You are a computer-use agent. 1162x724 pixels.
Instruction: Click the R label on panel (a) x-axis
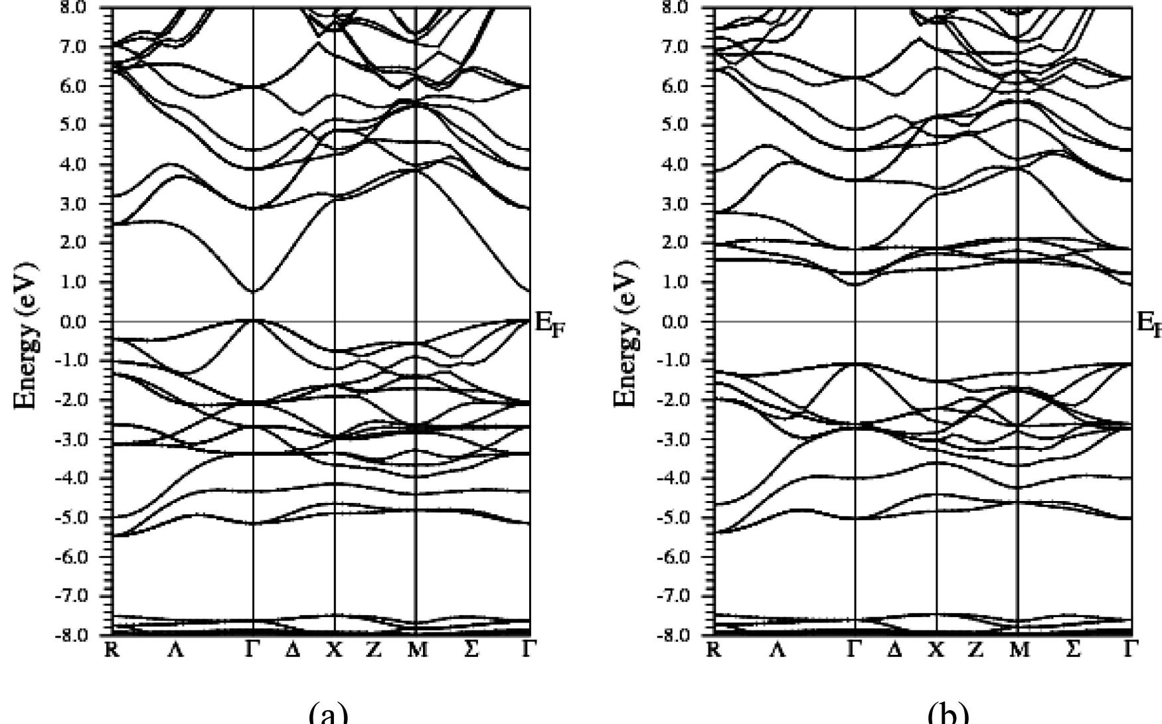click(112, 650)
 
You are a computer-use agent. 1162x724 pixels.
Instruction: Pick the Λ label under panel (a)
click(175, 650)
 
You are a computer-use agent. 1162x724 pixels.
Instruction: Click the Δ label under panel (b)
click(894, 650)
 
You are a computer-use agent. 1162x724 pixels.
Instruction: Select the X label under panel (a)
click(334, 650)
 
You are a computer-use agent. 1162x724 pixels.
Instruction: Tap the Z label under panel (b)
click(975, 650)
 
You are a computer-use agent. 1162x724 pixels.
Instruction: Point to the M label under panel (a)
click(417, 650)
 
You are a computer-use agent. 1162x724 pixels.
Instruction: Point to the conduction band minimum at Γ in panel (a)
click(253, 291)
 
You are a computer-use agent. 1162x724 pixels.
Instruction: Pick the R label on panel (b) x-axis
click(714, 650)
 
